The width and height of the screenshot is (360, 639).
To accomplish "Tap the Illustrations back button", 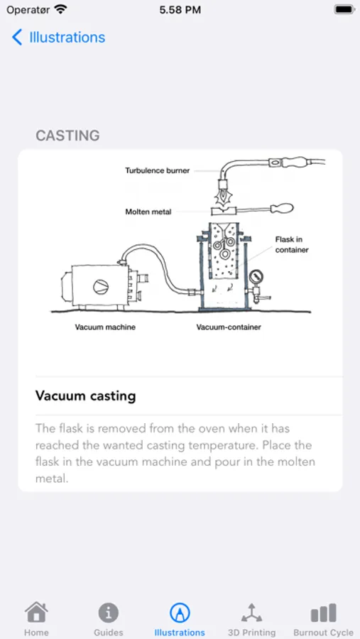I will [x=58, y=38].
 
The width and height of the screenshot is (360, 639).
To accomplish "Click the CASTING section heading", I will [x=67, y=136].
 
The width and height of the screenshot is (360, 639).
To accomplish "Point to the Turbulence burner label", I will [x=157, y=170].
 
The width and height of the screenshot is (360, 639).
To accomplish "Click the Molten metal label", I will [x=148, y=212].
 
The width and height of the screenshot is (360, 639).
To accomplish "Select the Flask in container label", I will [x=292, y=244].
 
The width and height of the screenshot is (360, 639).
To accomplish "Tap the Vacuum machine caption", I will [x=105, y=327].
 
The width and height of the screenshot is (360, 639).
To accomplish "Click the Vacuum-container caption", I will [x=228, y=327].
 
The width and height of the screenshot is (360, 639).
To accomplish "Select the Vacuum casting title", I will [x=85, y=395].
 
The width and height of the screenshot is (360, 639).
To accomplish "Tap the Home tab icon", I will [x=36, y=612].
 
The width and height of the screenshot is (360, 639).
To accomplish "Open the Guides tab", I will [x=108, y=618].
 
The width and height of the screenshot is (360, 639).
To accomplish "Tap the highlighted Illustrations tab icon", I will [x=180, y=612].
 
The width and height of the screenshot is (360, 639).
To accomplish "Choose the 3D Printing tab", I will [x=251, y=618].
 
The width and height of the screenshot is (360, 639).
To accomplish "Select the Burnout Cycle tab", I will [x=323, y=618].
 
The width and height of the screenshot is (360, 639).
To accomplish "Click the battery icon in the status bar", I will [x=344, y=10].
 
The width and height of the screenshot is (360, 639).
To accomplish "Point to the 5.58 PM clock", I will [x=180, y=10].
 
